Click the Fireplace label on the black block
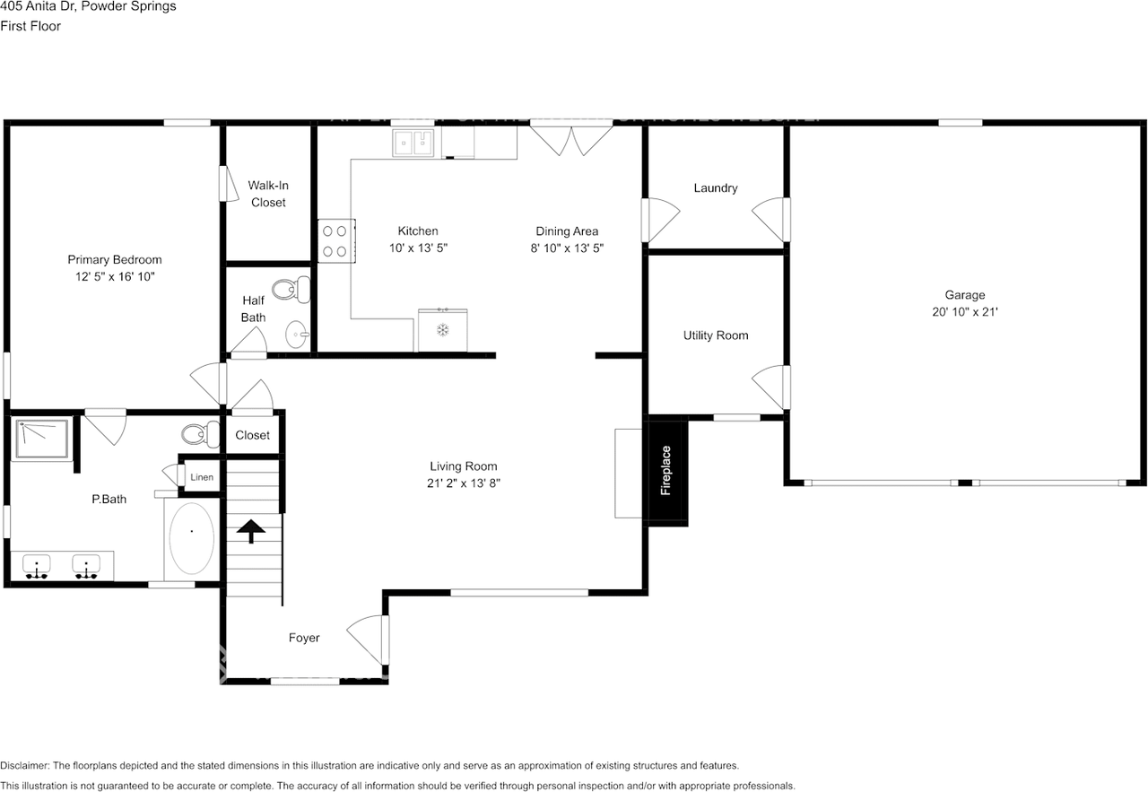coord(665,471)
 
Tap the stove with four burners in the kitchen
coord(336,241)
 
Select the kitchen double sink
coord(413,142)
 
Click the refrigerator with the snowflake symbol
coord(442,329)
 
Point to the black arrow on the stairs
coord(251,530)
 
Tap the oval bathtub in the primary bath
coord(191,538)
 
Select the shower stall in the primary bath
coord(42,439)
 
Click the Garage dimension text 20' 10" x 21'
coord(964,312)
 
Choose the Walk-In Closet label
coord(268,194)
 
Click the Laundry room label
coord(715,188)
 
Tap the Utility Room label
coord(715,335)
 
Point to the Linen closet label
coord(202,477)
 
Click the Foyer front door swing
coord(368,637)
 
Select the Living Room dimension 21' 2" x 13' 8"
coord(463,483)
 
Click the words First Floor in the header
coord(30,26)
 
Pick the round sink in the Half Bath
coord(297,335)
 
